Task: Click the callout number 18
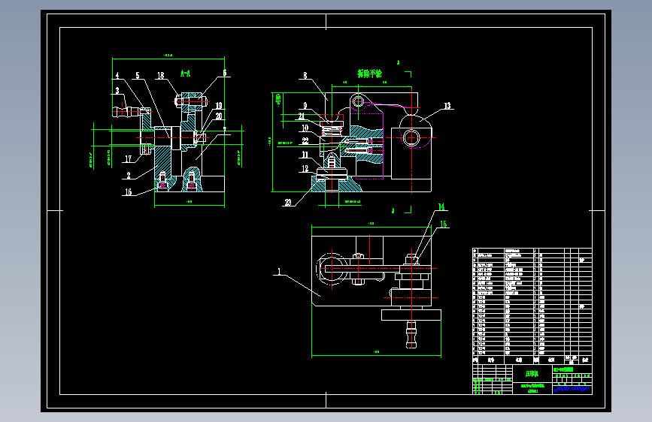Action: click(161, 75)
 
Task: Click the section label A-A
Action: click(186, 73)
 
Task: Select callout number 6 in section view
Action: click(224, 73)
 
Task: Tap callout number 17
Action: click(128, 158)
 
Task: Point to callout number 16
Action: click(128, 192)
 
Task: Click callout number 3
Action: click(117, 90)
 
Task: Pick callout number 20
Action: click(219, 116)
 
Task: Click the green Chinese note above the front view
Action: click(369, 74)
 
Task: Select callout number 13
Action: click(447, 106)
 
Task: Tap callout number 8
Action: click(305, 76)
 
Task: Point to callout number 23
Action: click(288, 202)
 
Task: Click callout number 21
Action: click(302, 116)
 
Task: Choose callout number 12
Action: click(305, 170)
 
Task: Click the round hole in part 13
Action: click(411, 137)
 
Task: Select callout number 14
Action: click(442, 206)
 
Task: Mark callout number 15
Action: click(444, 224)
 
